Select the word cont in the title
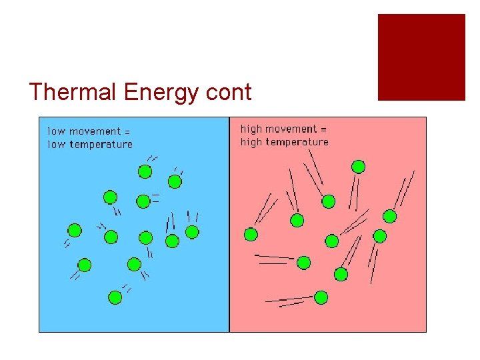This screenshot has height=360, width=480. pyautogui.click(x=229, y=93)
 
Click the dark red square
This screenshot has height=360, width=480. pyautogui.click(x=421, y=57)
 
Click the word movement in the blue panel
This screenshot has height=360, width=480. pyautogui.click(x=95, y=131)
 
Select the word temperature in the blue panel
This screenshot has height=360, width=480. pyautogui.click(x=100, y=145)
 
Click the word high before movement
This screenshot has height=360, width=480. pyautogui.click(x=251, y=129)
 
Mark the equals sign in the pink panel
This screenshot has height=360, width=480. pyautogui.click(x=323, y=129)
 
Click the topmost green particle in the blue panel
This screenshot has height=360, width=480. pyautogui.click(x=145, y=171)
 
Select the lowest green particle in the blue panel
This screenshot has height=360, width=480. pyautogui.click(x=115, y=297)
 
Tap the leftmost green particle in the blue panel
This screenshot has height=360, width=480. pyautogui.click(x=75, y=230)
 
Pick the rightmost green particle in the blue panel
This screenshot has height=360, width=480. pyautogui.click(x=192, y=231)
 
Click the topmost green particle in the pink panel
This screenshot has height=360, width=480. pyautogui.click(x=359, y=166)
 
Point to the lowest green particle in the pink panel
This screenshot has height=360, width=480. pyautogui.click(x=321, y=297)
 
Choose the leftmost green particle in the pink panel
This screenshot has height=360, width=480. pyautogui.click(x=251, y=234)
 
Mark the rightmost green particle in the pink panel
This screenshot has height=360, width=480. pyautogui.click(x=390, y=215)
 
